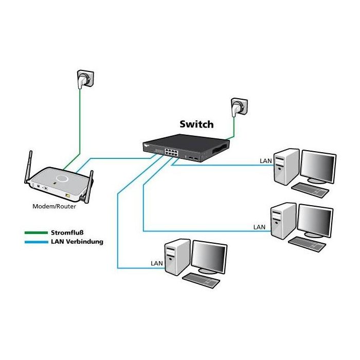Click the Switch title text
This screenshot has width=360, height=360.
point(196,124)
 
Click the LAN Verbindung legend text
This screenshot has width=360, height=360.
point(77,241)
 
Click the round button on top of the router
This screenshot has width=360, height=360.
point(62,178)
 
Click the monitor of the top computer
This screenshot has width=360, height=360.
point(318,166)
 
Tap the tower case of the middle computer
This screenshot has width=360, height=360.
point(283,222)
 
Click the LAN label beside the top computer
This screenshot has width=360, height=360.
point(265,161)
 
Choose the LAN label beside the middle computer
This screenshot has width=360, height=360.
point(260,227)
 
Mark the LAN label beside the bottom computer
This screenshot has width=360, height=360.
point(156,263)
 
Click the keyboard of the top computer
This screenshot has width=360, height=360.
point(310,190)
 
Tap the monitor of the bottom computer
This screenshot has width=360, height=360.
point(209,256)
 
